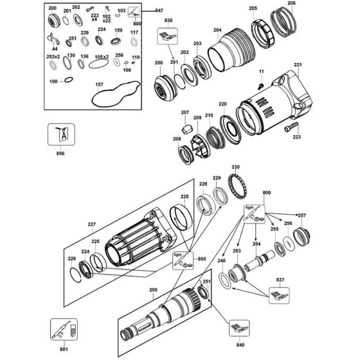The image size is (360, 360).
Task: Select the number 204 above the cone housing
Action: tap(217, 30)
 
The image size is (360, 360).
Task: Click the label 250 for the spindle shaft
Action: tap(153, 290)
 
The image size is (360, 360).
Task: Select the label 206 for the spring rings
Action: tap(292, 4)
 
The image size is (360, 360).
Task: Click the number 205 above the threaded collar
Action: tap(253, 8)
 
